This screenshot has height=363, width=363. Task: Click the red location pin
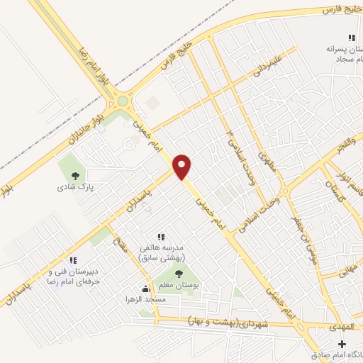point(182,166)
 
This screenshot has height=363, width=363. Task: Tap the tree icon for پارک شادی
point(75,174)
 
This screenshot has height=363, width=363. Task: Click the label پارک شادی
point(77,188)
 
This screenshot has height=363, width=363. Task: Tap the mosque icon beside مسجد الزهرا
point(146,289)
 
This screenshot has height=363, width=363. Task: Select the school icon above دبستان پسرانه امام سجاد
point(350,38)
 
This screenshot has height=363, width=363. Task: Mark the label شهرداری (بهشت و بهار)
point(231,323)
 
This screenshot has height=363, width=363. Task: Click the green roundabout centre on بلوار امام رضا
point(123,101)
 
